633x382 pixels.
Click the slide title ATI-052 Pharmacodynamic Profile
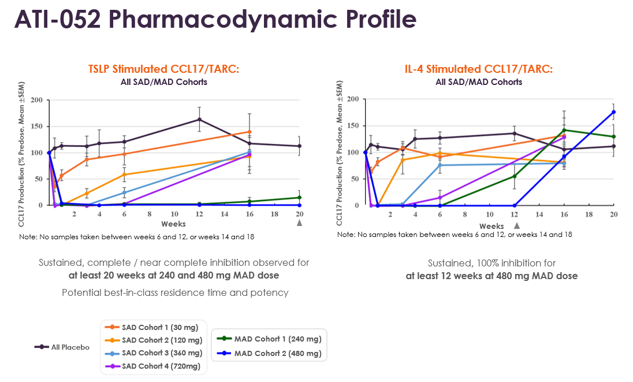pos(215,20)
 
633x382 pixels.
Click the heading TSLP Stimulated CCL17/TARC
pos(163,69)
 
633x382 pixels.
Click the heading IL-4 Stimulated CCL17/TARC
pos(478,69)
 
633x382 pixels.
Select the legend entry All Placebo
pos(62,347)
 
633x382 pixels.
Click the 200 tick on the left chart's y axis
pos(36,100)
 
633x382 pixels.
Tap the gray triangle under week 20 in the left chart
pos(299,222)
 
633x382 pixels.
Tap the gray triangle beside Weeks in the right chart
pos(517,226)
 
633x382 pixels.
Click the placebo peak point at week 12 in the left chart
pos(199,120)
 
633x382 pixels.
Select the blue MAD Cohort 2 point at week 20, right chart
pos(613,112)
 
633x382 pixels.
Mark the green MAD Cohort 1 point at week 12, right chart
pos(514,176)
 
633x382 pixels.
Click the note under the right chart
pos(455,235)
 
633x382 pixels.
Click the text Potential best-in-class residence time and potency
pos(175,292)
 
